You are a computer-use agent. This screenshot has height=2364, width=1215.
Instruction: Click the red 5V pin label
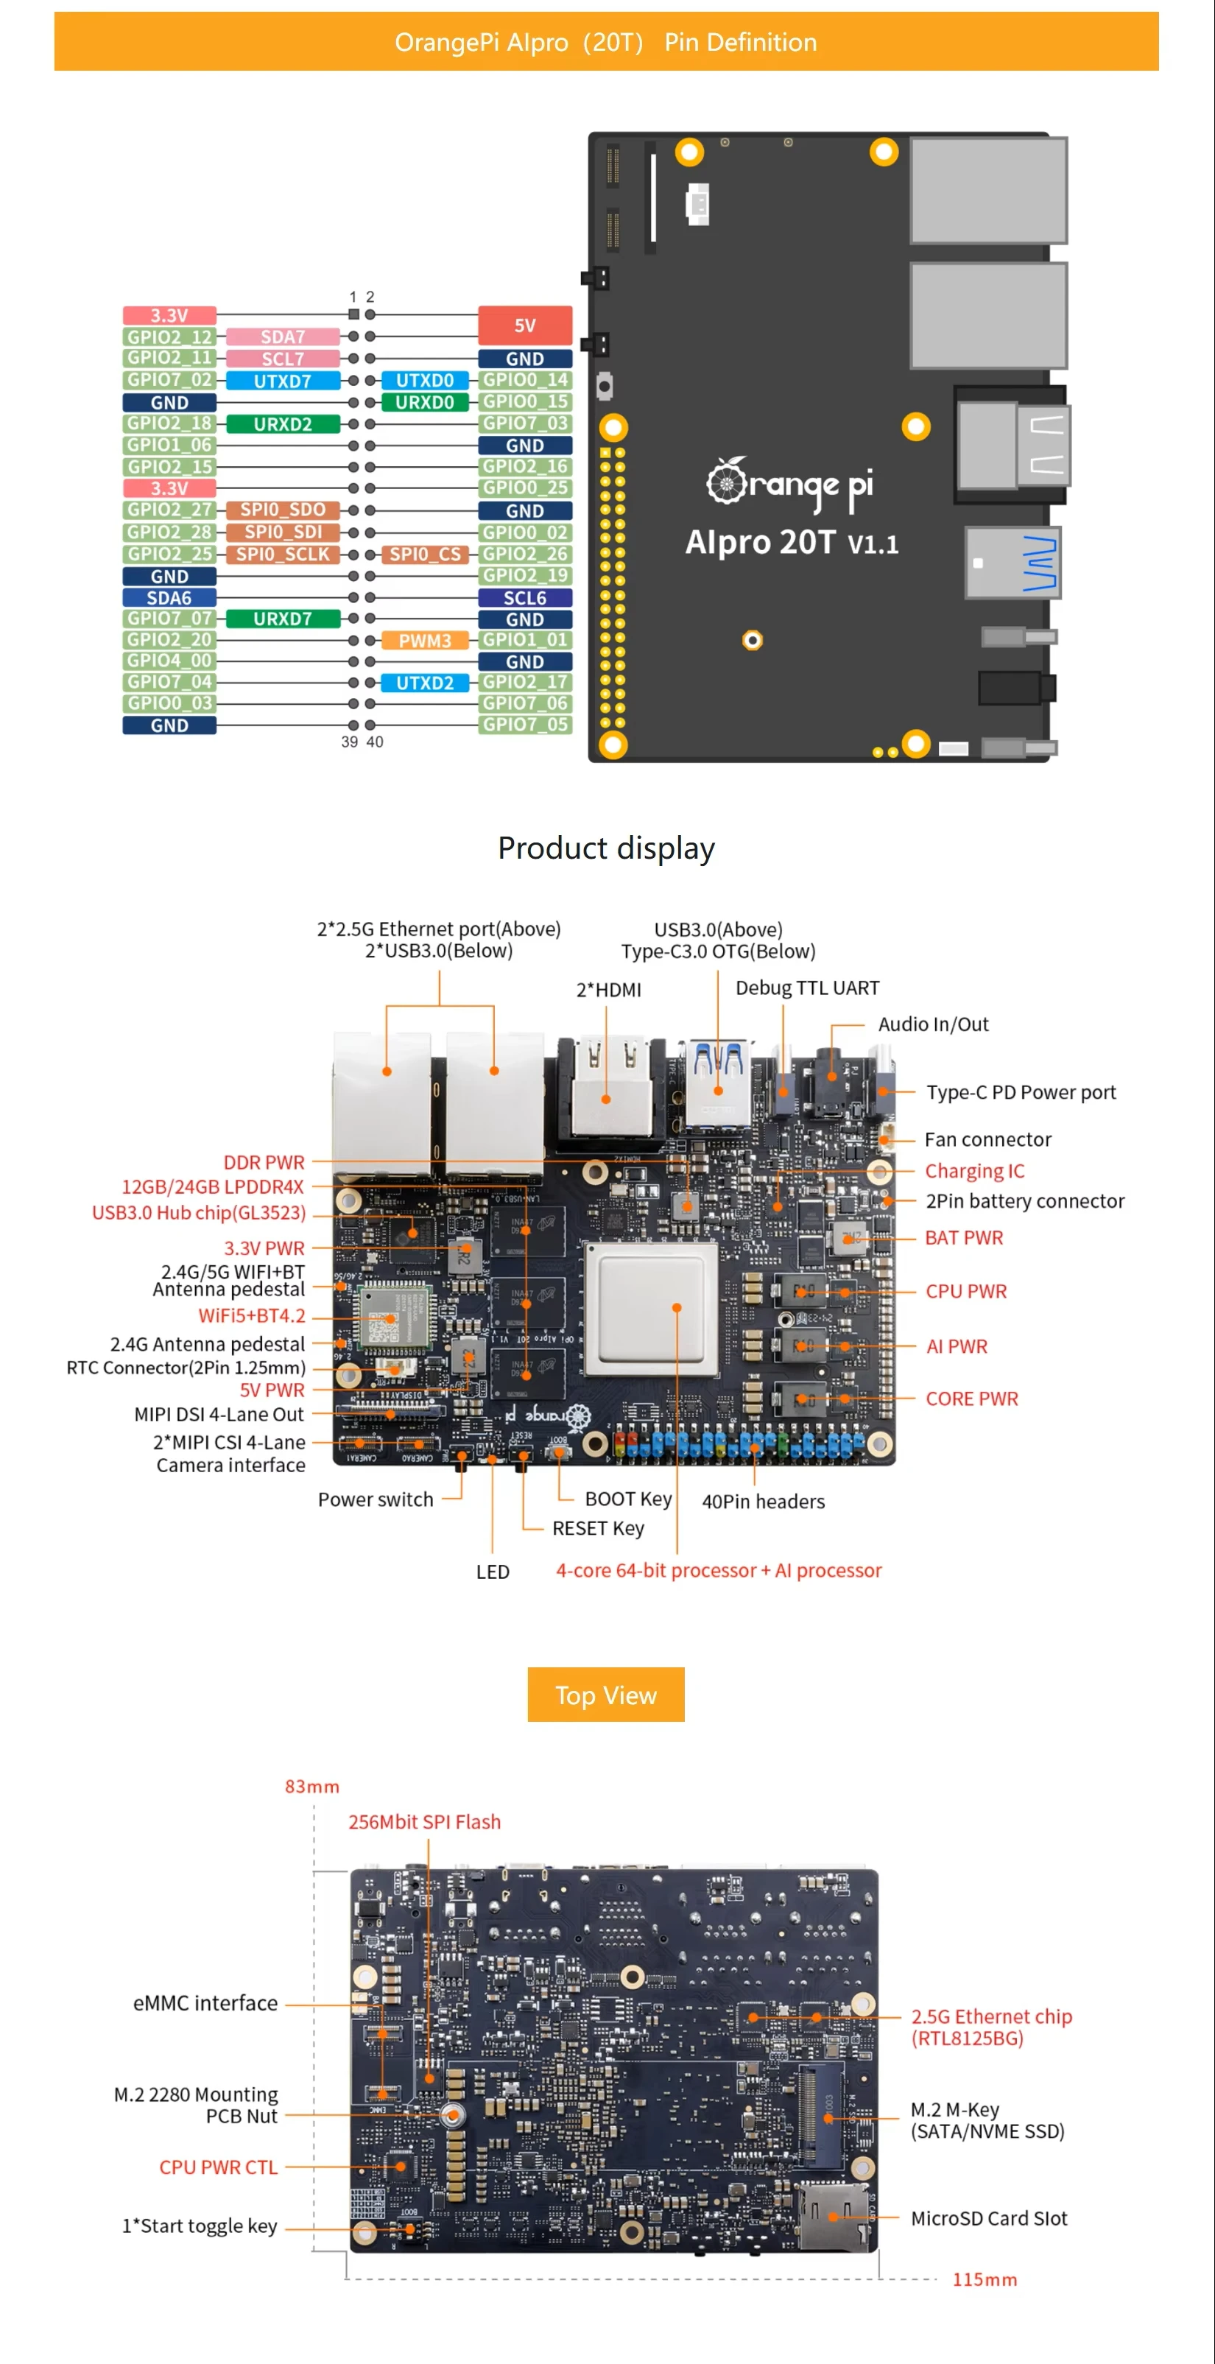[525, 326]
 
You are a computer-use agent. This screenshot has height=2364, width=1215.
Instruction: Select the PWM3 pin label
[424, 641]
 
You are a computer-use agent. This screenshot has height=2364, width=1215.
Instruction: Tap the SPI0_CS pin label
[424, 555]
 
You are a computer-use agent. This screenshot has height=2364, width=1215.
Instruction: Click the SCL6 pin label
[525, 597]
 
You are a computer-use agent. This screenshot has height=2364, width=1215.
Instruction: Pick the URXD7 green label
[283, 619]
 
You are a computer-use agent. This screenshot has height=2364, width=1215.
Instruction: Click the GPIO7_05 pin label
[525, 725]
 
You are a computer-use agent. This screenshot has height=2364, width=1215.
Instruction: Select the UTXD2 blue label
[424, 683]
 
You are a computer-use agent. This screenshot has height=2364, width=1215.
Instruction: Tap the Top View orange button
[606, 1695]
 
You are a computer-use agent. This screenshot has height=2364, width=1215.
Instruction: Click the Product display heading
[606, 848]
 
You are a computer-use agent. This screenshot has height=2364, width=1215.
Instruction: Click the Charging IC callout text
[974, 1171]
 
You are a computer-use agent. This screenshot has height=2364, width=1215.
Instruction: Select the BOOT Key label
[629, 1499]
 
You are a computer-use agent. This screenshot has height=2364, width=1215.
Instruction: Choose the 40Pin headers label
[763, 1502]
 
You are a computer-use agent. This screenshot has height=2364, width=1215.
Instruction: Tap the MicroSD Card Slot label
[988, 2218]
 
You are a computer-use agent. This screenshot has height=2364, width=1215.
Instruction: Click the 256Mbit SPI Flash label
[424, 1822]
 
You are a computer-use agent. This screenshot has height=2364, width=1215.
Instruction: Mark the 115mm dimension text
[984, 2279]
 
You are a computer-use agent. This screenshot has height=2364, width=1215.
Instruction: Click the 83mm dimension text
[312, 1786]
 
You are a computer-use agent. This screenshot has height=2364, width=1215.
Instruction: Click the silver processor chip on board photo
[651, 1309]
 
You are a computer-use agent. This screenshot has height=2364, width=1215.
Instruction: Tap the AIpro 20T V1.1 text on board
[791, 542]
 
